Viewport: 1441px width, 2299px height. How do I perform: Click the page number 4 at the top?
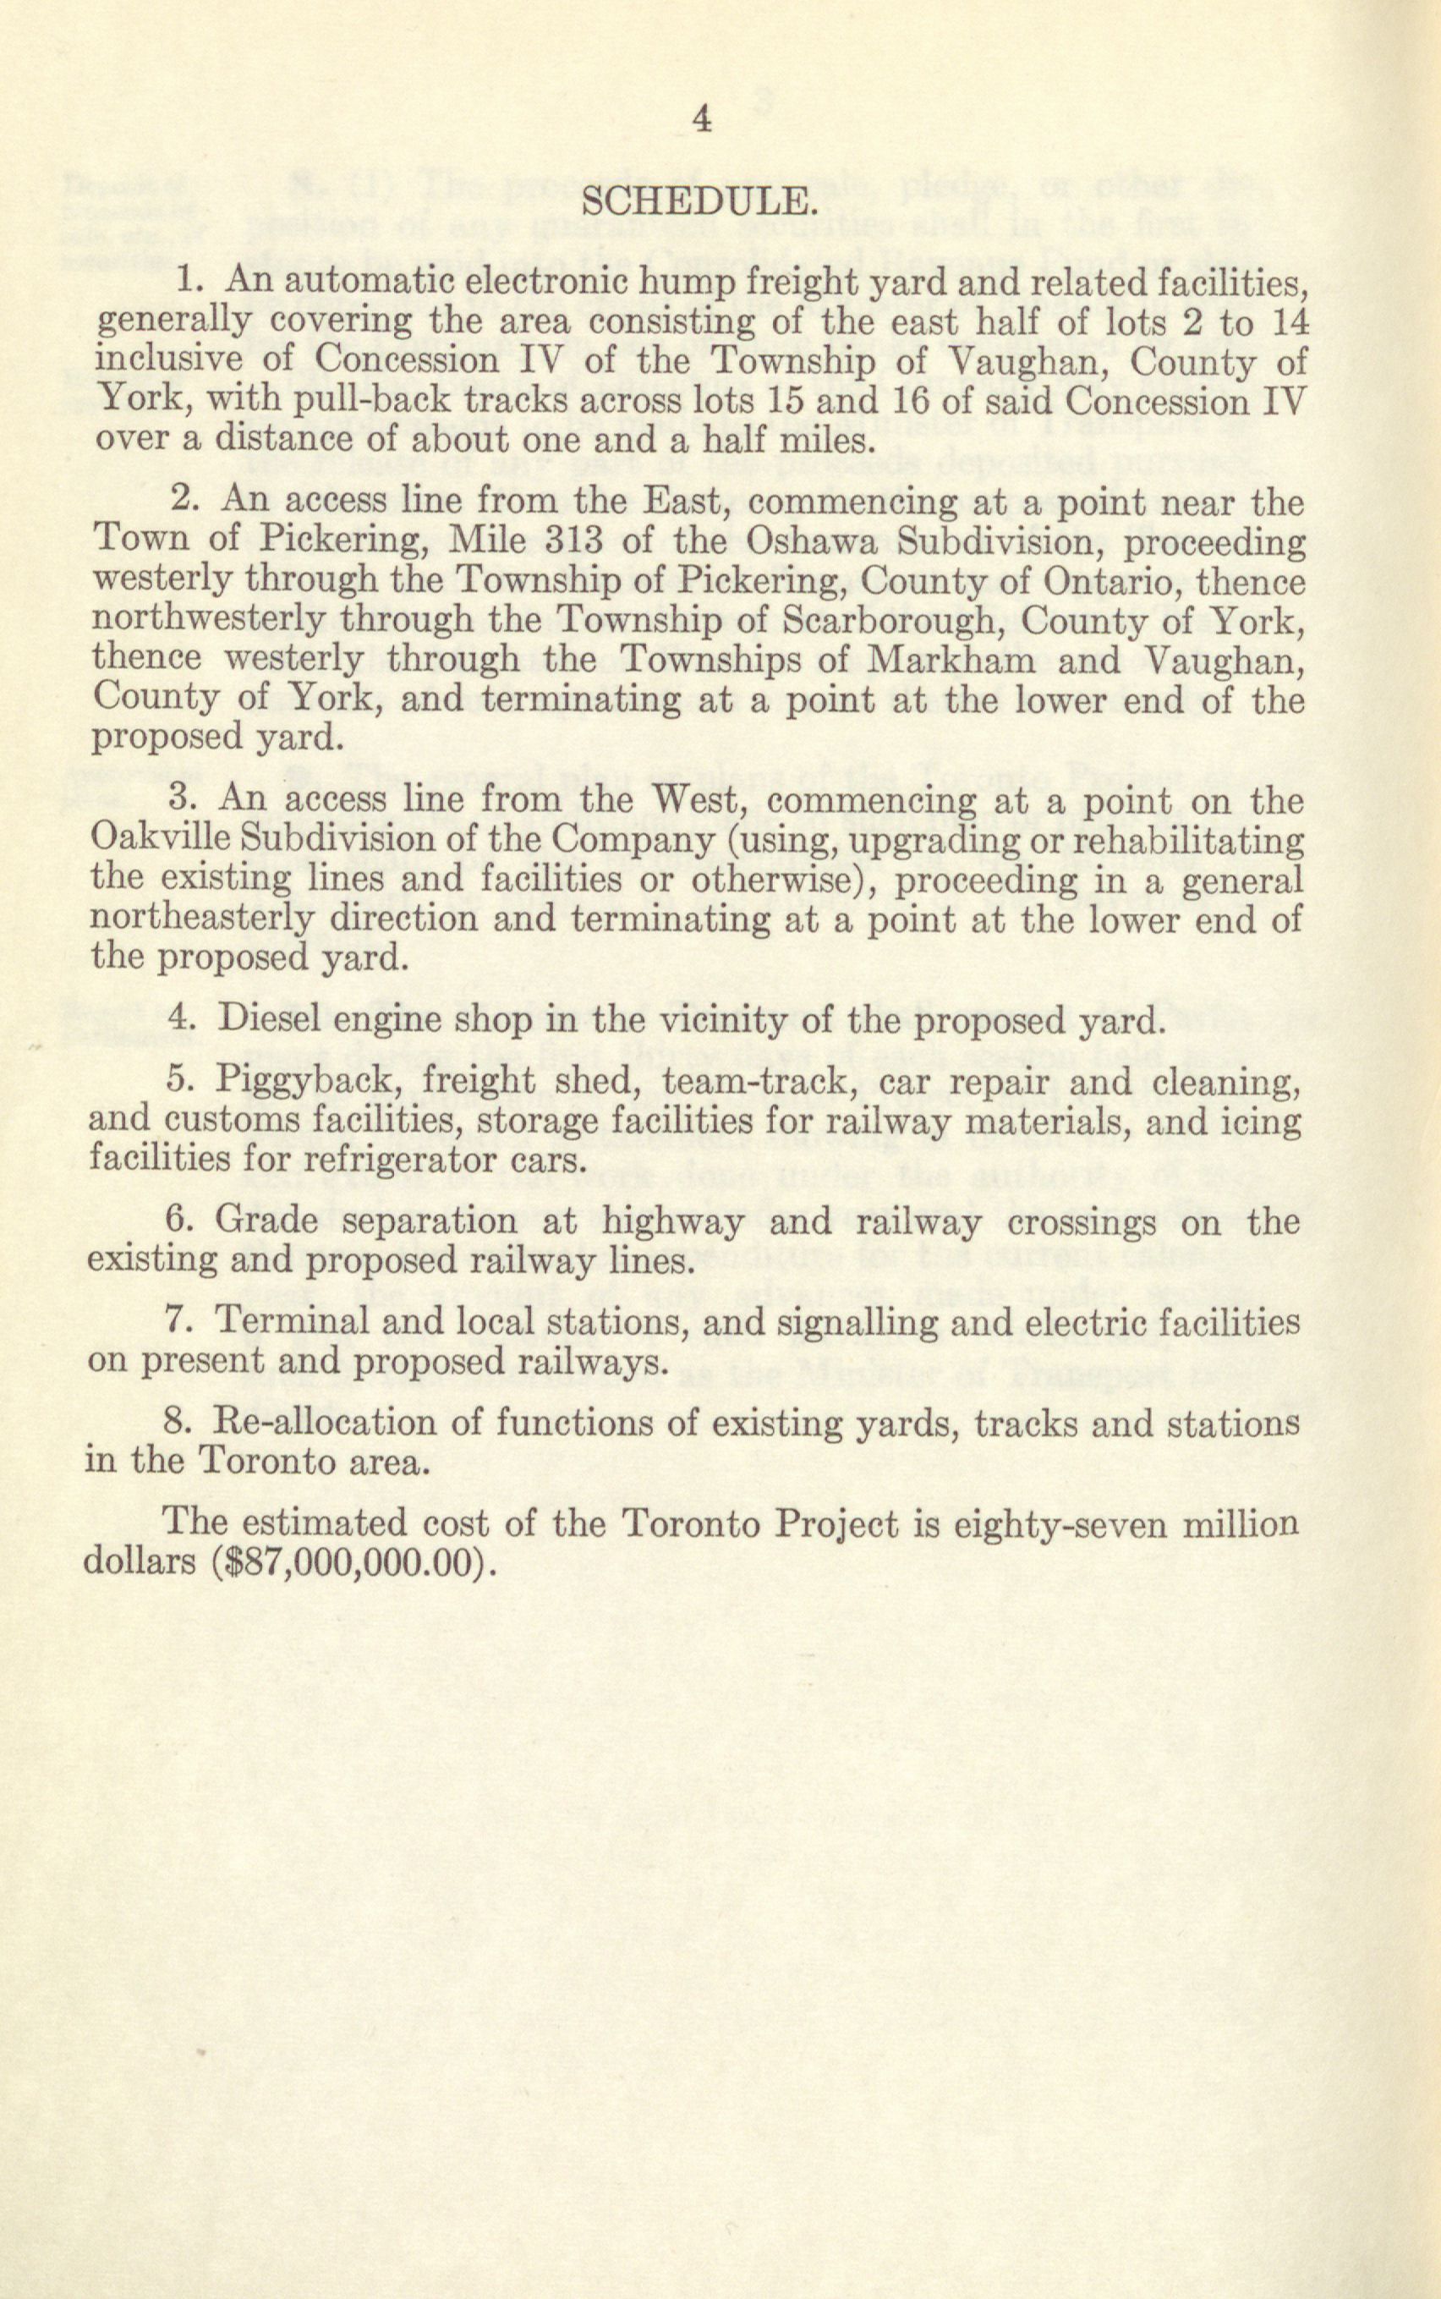pos(701,121)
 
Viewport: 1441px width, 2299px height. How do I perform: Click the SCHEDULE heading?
pos(699,203)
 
